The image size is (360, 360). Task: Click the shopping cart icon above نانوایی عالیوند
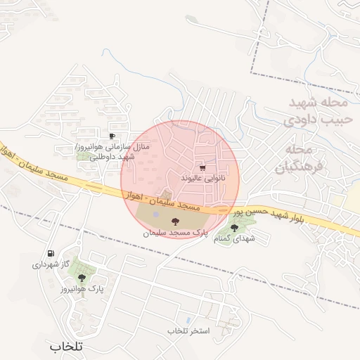pyautogui.click(x=203, y=169)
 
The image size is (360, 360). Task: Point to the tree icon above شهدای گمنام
pyautogui.click(x=235, y=227)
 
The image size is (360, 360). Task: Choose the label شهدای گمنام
pyautogui.click(x=235, y=239)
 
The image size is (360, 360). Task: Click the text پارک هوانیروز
pyautogui.click(x=82, y=288)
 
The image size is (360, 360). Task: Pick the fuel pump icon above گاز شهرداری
pyautogui.click(x=51, y=254)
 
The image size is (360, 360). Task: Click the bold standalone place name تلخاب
pyautogui.click(x=67, y=347)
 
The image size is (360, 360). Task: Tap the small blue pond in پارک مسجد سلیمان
pyautogui.click(x=155, y=214)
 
